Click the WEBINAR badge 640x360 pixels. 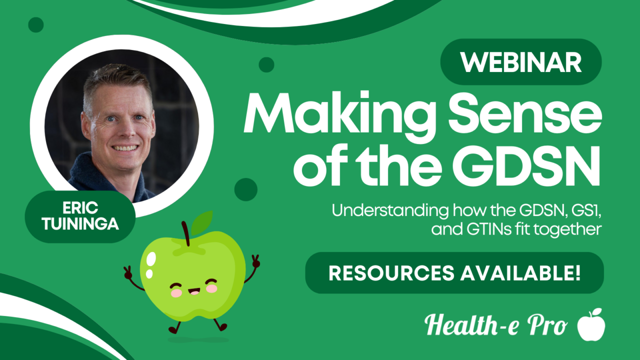pos(521,62)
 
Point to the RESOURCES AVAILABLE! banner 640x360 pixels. pos(454,273)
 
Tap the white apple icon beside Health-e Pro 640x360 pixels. pos(591,324)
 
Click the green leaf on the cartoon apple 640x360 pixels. pos(202,223)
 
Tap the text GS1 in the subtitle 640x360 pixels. pos(585,210)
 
